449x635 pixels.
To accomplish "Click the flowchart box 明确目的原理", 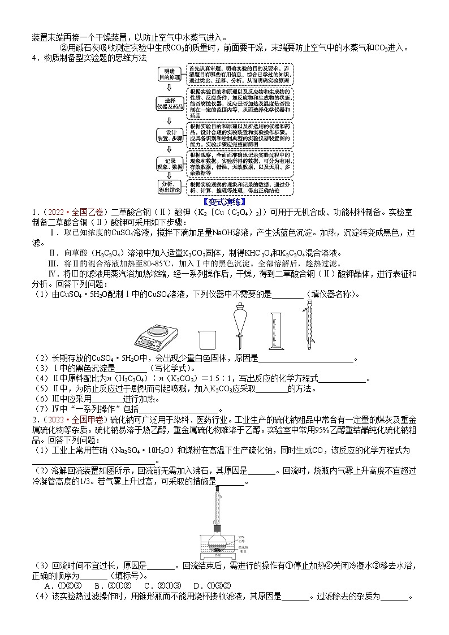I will tap(167, 74).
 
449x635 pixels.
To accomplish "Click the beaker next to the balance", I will tap(208, 339).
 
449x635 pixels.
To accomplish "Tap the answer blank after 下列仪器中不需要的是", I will tap(288, 295).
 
